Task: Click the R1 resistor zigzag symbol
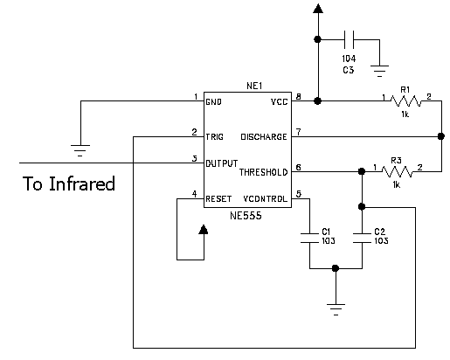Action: click(x=405, y=100)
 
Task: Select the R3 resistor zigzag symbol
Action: click(x=397, y=171)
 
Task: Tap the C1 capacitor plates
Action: click(x=309, y=238)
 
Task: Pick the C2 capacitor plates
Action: click(x=362, y=238)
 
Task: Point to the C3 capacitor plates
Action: click(x=349, y=39)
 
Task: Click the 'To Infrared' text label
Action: click(x=69, y=183)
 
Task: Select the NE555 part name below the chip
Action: click(x=246, y=216)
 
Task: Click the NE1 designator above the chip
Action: click(x=254, y=86)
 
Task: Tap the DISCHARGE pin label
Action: click(x=264, y=137)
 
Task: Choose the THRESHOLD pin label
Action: click(x=264, y=172)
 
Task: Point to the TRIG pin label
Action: click(x=214, y=137)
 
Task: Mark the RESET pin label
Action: click(x=218, y=199)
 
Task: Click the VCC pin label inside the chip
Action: click(x=280, y=101)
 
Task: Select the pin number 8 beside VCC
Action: click(x=298, y=96)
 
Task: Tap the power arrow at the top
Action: click(x=318, y=9)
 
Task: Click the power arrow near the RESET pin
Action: click(x=204, y=230)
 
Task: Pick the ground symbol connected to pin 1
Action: click(x=80, y=150)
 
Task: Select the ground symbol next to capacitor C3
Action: click(x=379, y=71)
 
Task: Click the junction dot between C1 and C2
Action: click(x=336, y=268)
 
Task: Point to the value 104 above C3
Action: click(x=349, y=59)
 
